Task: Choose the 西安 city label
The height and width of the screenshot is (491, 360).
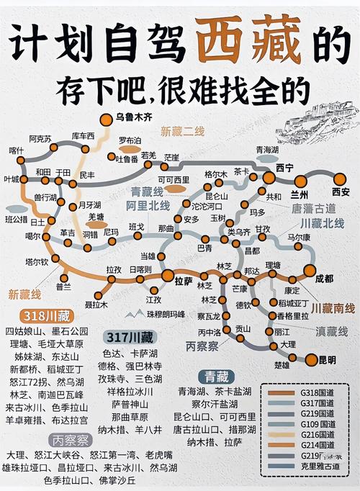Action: point(340,192)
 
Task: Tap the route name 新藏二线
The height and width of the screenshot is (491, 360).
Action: point(182,131)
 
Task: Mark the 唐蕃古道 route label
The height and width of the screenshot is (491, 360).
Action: point(315,207)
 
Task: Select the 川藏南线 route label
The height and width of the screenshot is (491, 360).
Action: point(333,308)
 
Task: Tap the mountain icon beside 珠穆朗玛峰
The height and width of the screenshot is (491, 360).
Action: point(130,313)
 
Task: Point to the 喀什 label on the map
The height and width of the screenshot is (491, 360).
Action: point(16,150)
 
